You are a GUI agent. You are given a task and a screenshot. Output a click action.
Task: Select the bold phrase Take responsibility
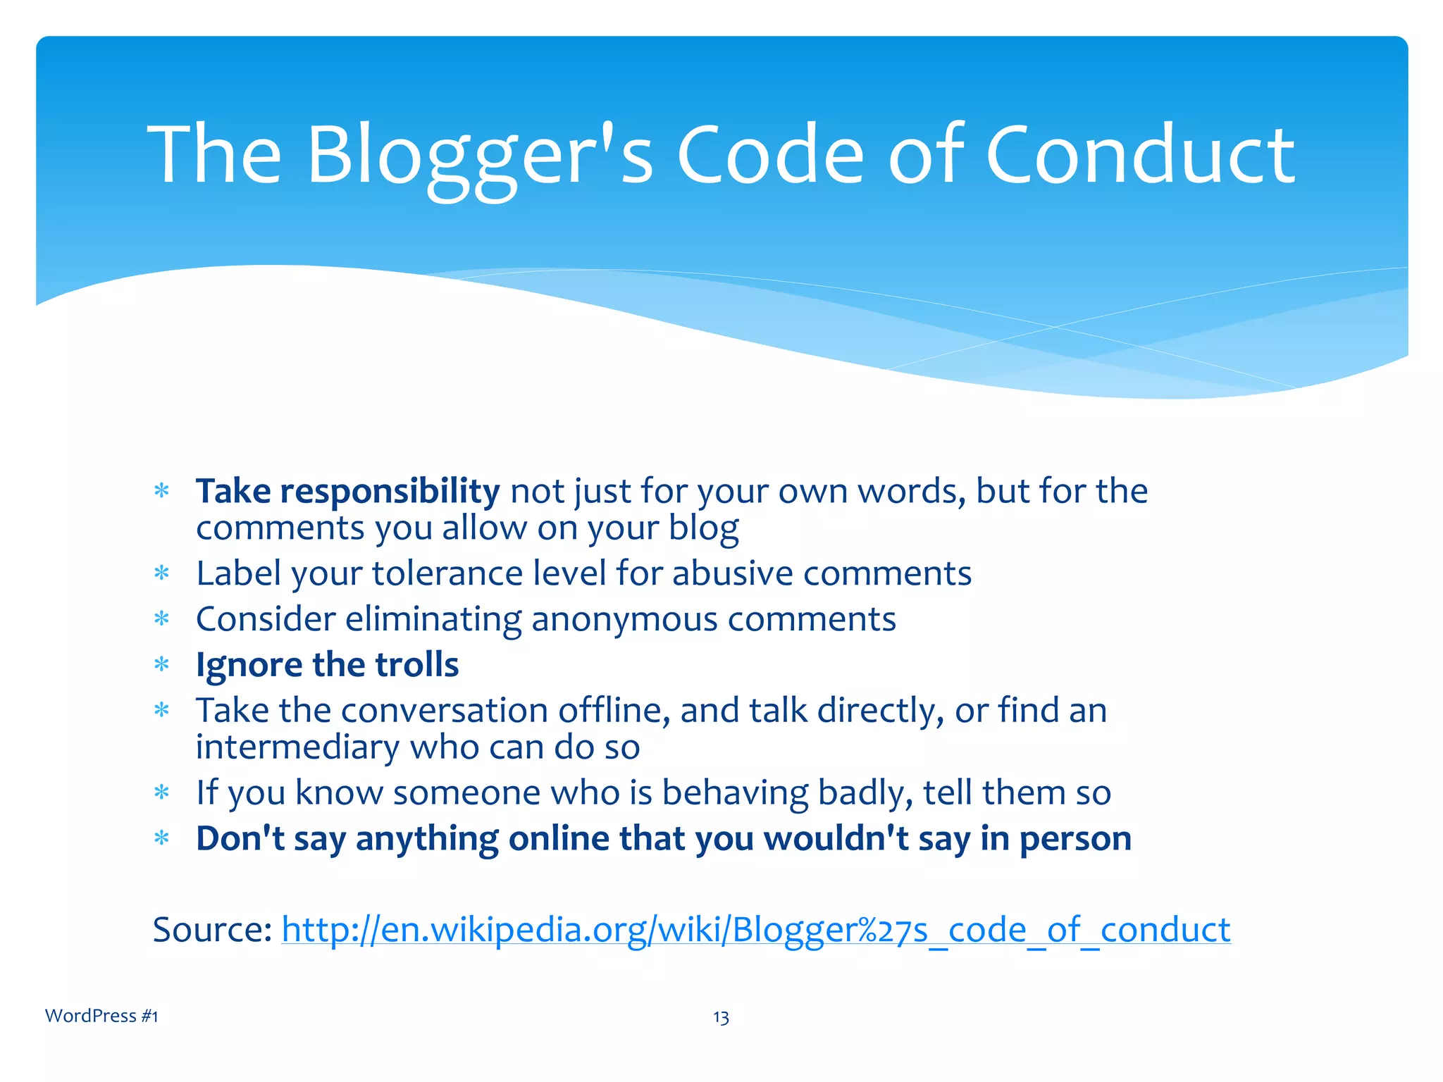click(347, 491)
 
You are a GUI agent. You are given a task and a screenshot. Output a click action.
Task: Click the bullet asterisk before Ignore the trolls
click(162, 665)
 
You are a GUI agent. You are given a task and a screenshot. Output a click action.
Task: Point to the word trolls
click(416, 665)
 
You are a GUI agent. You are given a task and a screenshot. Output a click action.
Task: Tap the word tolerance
click(447, 573)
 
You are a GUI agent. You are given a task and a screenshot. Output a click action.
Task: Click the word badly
click(865, 793)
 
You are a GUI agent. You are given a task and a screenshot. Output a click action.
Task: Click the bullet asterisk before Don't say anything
click(162, 839)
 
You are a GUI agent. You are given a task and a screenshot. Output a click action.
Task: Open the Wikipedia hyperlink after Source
click(755, 930)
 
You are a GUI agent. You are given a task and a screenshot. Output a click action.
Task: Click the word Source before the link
click(212, 930)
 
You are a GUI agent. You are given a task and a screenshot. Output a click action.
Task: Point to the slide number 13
click(721, 1017)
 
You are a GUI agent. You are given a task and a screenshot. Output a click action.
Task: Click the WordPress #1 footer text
click(101, 1016)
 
